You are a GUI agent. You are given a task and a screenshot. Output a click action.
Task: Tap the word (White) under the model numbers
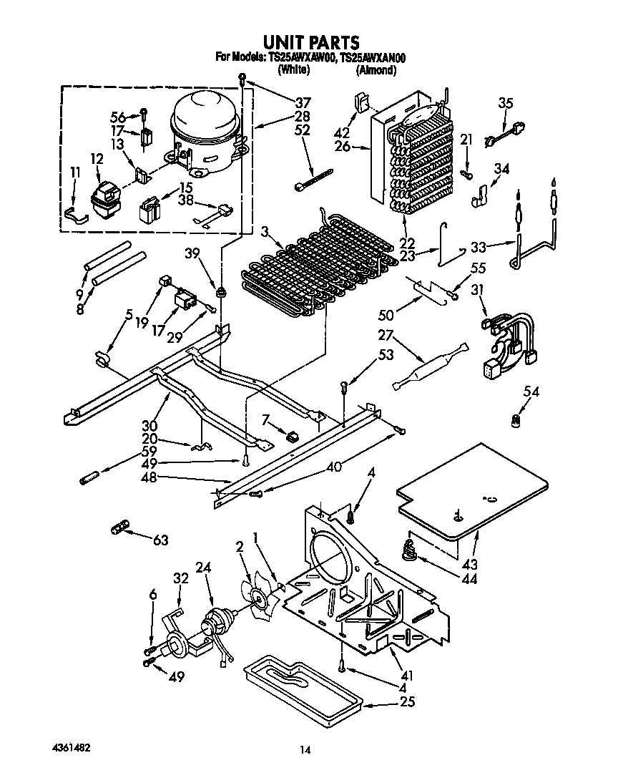293,70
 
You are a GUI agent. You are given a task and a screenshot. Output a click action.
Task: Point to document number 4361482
70,746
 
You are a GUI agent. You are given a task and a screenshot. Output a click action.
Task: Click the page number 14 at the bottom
305,750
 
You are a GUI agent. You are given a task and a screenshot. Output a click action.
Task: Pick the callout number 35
505,103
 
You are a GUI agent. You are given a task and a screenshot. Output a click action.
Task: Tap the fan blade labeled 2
259,595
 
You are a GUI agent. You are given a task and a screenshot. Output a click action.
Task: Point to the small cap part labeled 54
513,423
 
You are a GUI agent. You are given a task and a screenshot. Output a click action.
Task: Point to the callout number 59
149,452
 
